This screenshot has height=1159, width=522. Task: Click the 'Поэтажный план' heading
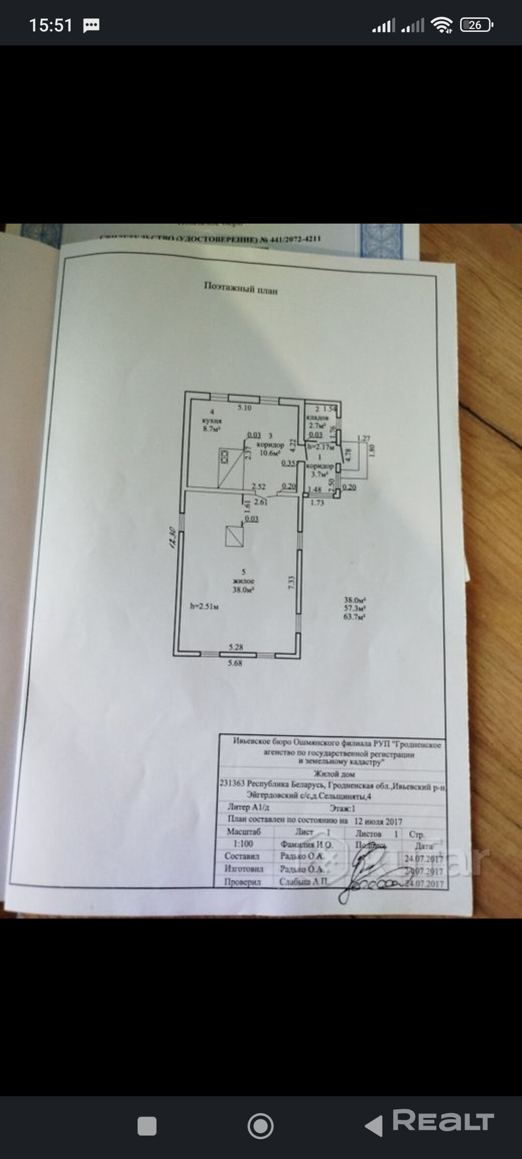tap(240, 288)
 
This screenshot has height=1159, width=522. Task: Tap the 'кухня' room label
tap(212, 421)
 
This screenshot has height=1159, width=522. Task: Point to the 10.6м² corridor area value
tap(270, 453)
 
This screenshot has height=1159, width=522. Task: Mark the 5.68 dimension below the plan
tap(235, 664)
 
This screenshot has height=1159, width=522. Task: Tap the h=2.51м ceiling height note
tap(204, 607)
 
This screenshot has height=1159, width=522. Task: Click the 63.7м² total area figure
tap(354, 617)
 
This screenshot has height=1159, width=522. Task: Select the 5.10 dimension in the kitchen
tap(245, 408)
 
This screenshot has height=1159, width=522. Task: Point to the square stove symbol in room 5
tap(234, 536)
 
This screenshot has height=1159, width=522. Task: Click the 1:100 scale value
tap(243, 844)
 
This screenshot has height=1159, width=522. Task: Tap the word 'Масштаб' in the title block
tap(244, 832)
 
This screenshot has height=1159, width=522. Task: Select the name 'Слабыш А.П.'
tap(304, 881)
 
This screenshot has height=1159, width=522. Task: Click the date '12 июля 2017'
tap(378, 821)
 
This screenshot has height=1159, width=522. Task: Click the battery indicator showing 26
tap(476, 25)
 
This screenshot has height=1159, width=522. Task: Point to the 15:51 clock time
tap(51, 25)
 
